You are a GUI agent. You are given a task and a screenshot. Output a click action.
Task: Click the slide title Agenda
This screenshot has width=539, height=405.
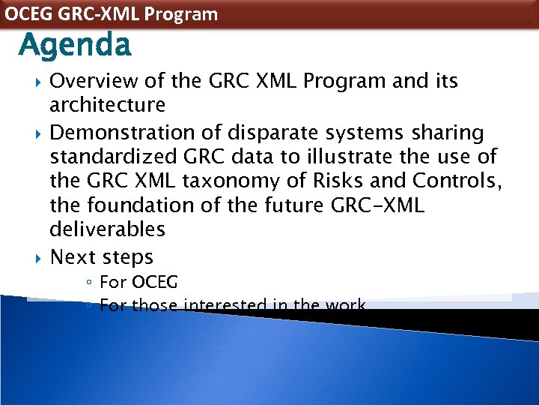(75, 46)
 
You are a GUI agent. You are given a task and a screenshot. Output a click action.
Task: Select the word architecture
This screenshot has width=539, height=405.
(107, 104)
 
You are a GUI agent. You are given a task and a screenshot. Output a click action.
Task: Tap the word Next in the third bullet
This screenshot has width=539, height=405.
(73, 257)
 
